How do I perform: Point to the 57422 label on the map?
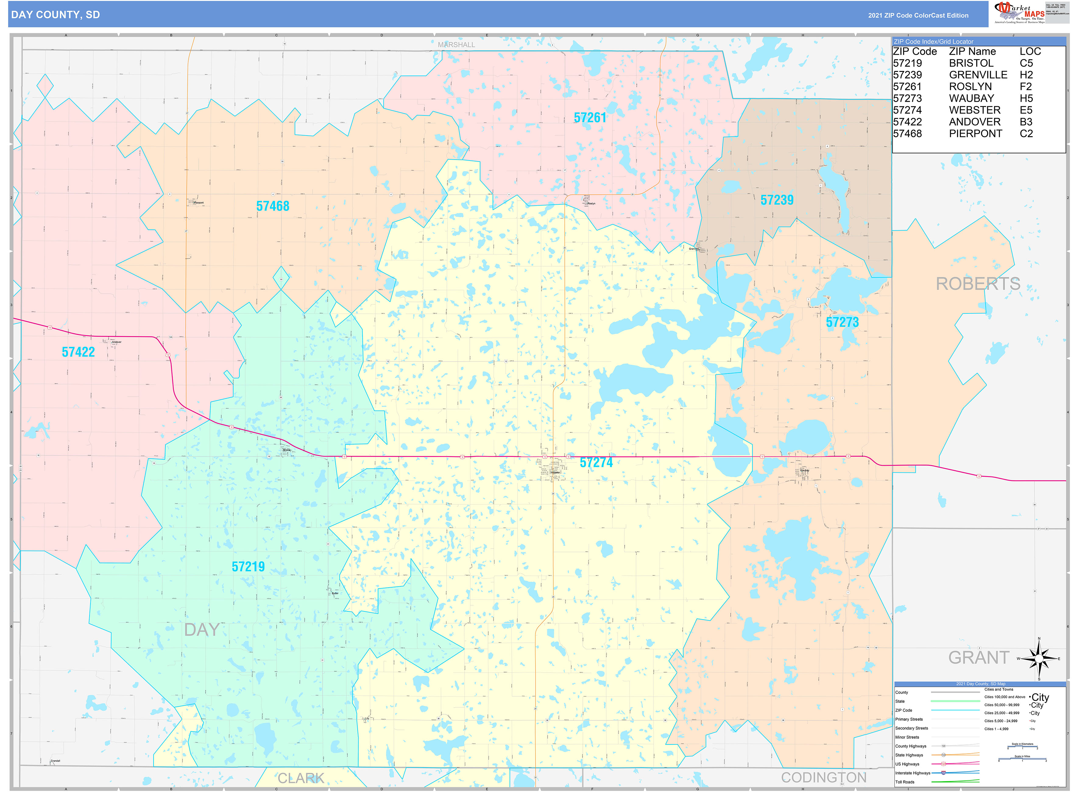tap(78, 352)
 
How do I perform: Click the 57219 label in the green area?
tap(248, 567)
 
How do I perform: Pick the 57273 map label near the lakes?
tap(842, 322)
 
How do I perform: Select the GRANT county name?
tap(978, 657)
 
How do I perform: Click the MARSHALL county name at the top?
tap(456, 44)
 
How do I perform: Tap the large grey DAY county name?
tap(202, 629)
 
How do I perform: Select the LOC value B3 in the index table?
tap(1026, 122)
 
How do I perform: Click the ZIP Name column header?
tap(972, 51)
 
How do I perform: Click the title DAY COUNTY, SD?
tap(56, 15)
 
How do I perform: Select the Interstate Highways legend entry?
tap(912, 773)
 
